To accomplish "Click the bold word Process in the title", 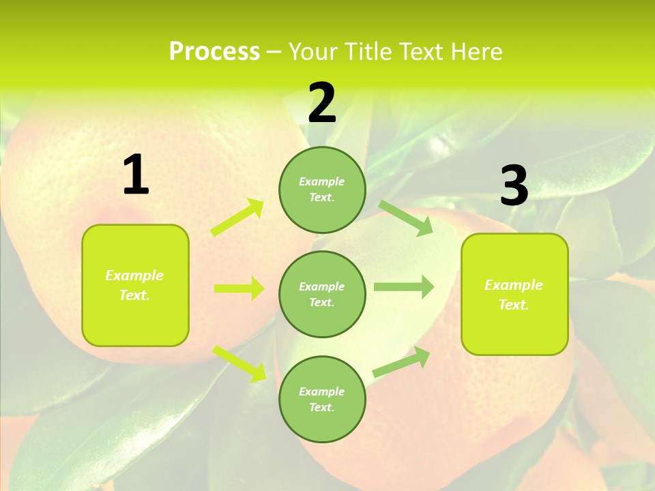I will [x=214, y=52].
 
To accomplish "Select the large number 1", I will [x=136, y=175].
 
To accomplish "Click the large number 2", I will [x=322, y=103].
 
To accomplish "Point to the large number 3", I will [x=514, y=185].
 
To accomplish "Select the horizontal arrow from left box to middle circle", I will [x=239, y=288].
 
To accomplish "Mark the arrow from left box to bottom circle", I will [x=239, y=363].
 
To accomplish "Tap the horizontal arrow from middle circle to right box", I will [x=404, y=287].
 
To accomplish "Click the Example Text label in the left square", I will [x=134, y=285].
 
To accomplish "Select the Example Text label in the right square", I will [x=514, y=295].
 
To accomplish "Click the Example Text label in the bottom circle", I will [x=322, y=400].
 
